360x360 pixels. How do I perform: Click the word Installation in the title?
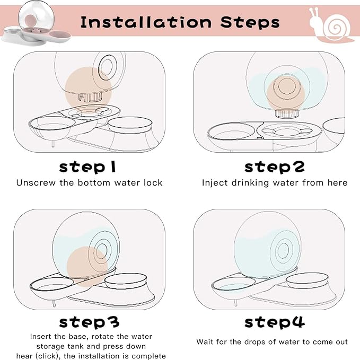coord(146,22)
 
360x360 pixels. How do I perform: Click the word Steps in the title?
coord(250,22)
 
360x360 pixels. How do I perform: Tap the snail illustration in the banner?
coord(331,25)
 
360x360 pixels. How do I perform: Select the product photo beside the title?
coord(36,24)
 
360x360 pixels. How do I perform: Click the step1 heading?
coord(87,167)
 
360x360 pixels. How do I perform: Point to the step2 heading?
coord(275,167)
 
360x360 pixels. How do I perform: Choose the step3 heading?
coord(89,322)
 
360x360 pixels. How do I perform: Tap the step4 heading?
coord(275,322)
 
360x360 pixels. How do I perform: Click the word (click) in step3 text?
coord(48,356)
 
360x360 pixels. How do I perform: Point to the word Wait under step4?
coord(205,341)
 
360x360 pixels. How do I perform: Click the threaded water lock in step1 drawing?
coord(90,98)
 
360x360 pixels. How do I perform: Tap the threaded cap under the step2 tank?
coord(287,113)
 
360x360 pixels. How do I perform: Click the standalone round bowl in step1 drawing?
coord(130,125)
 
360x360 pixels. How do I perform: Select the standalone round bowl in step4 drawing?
coord(307,280)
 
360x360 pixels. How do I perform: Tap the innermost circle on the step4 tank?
coord(283,250)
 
